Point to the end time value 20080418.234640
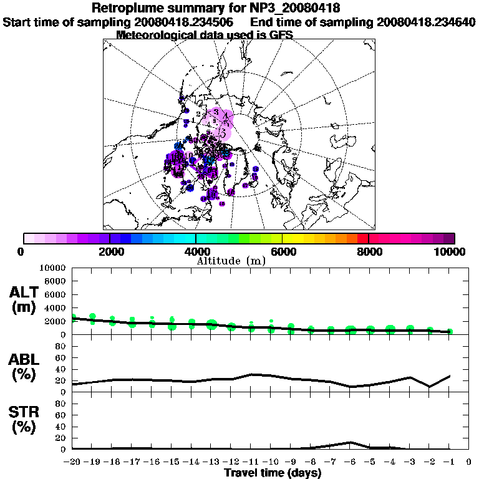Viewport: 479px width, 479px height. click(427, 22)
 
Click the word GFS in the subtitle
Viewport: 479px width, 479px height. click(280, 35)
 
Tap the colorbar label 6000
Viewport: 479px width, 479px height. click(283, 252)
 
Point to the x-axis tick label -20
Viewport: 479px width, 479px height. click(72, 462)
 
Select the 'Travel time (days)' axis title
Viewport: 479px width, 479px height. click(273, 473)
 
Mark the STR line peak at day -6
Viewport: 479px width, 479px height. click(351, 442)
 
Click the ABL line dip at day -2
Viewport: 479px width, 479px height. click(430, 387)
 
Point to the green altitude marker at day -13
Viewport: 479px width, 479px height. click(211, 324)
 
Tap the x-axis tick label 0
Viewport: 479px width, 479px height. click(468, 462)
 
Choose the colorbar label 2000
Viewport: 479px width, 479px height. click(110, 252)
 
